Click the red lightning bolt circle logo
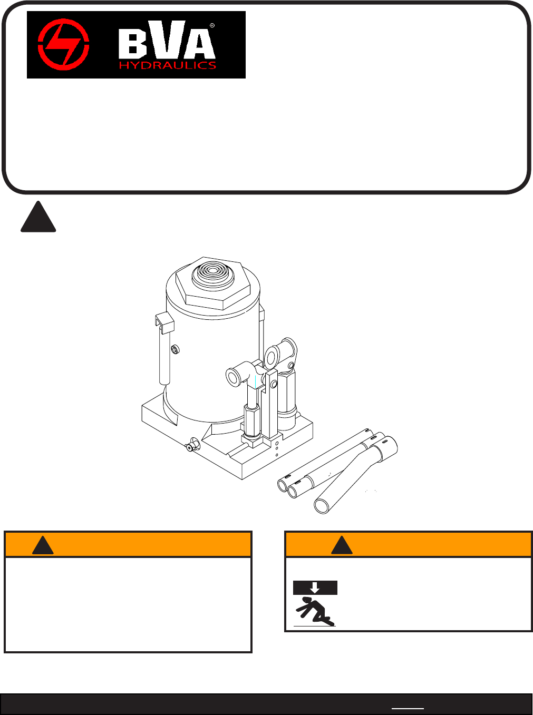tap(63, 44)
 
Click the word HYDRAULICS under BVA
tap(168, 65)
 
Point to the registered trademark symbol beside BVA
tap(212, 25)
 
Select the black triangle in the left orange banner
tap(43, 546)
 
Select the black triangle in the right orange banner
tap(342, 546)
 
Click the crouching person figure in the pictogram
tap(315, 612)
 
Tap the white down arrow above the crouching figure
tap(315, 587)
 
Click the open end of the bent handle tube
tap(321, 506)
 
